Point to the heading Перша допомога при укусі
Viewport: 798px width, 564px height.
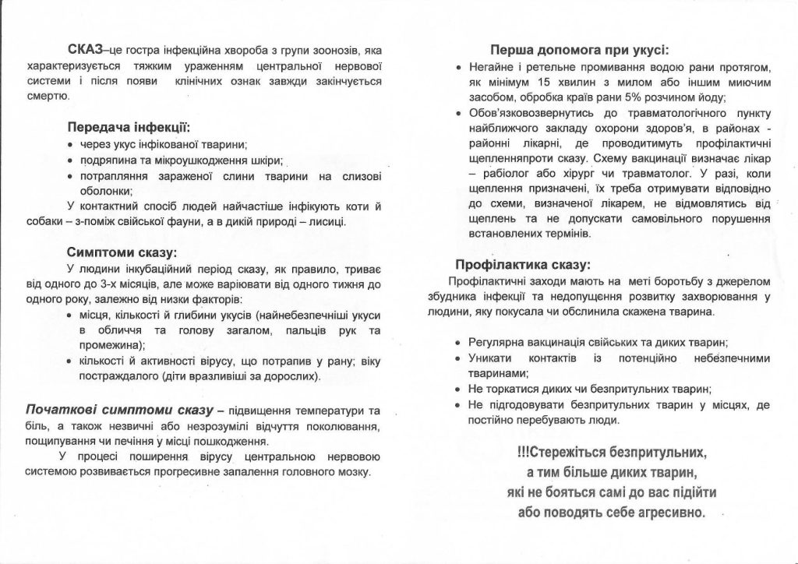click(579, 48)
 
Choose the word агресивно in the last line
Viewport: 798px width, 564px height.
click(667, 513)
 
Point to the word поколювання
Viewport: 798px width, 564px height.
click(343, 426)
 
